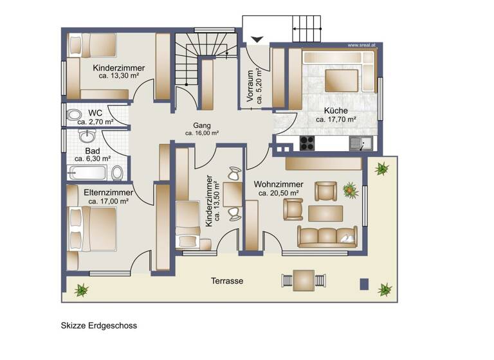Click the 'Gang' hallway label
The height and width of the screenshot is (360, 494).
tap(202, 125)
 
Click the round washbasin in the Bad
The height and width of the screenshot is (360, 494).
tap(87, 136)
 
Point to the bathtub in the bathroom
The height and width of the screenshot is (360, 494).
tap(88, 172)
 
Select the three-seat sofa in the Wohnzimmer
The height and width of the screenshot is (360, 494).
tap(327, 236)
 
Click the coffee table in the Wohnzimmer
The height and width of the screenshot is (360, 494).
tap(326, 212)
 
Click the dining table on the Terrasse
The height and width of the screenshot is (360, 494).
tap(303, 280)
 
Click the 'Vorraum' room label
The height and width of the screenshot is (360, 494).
tap(250, 85)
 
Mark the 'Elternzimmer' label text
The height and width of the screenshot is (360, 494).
tap(109, 192)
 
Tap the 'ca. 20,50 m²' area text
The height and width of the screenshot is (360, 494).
tap(279, 193)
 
